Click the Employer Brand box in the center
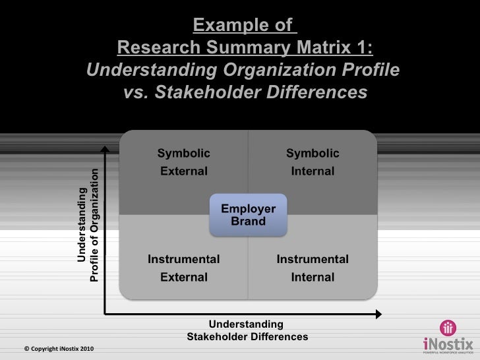[x=249, y=215]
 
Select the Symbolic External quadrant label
[x=184, y=162]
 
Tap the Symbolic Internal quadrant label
[x=313, y=162]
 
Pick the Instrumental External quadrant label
[x=184, y=268]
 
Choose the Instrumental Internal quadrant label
[x=313, y=268]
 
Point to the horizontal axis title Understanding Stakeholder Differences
[x=247, y=330]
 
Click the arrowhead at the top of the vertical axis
[x=104, y=150]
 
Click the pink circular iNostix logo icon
[x=447, y=328]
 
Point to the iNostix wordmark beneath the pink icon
[x=446, y=344]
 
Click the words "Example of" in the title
[x=242, y=26]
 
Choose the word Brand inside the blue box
[x=249, y=222]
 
